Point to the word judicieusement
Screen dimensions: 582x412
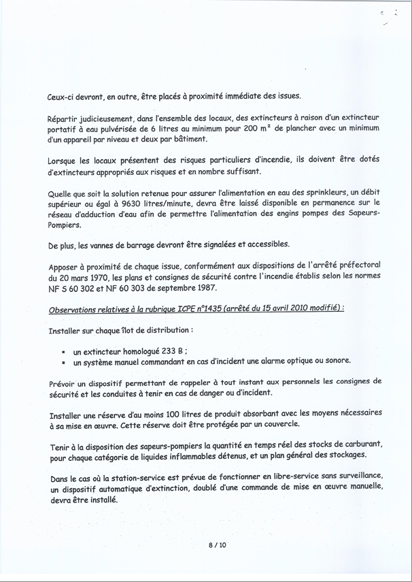109,118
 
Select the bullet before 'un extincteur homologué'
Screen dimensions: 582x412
63,352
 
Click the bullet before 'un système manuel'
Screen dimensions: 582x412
63,363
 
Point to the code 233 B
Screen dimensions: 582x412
174,352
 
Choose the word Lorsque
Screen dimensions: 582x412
66,160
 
